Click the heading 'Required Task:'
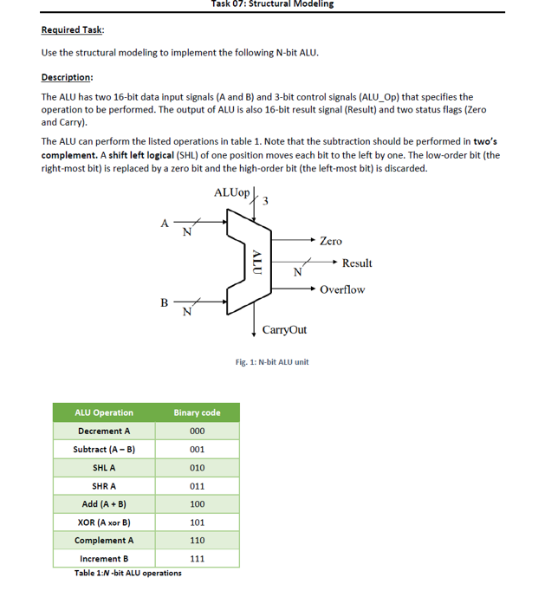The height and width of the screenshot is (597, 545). tap(72, 30)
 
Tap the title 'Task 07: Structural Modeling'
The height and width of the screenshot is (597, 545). tap(271, 4)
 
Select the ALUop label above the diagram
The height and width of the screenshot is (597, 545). tap(231, 191)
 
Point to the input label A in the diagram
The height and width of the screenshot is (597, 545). tap(165, 223)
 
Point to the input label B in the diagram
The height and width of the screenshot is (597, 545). tap(165, 302)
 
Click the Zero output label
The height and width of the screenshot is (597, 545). tap(330, 242)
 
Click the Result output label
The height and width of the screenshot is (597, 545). tap(356, 263)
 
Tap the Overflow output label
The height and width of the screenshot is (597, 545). tap(342, 289)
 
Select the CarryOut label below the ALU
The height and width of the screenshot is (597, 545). tap(284, 331)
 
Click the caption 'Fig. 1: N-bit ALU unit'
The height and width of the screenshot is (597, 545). tap(271, 361)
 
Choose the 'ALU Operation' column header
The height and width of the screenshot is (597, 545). tap(104, 412)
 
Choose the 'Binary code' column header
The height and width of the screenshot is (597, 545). tap(197, 412)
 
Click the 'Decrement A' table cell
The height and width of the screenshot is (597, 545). tap(104, 431)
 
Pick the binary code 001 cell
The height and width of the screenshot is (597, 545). tap(197, 449)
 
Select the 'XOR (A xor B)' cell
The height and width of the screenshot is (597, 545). tap(104, 522)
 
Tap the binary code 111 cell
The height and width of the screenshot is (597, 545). tap(197, 559)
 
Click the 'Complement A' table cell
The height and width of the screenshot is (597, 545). tap(104, 541)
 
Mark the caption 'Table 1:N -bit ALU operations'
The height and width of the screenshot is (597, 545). tap(128, 574)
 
